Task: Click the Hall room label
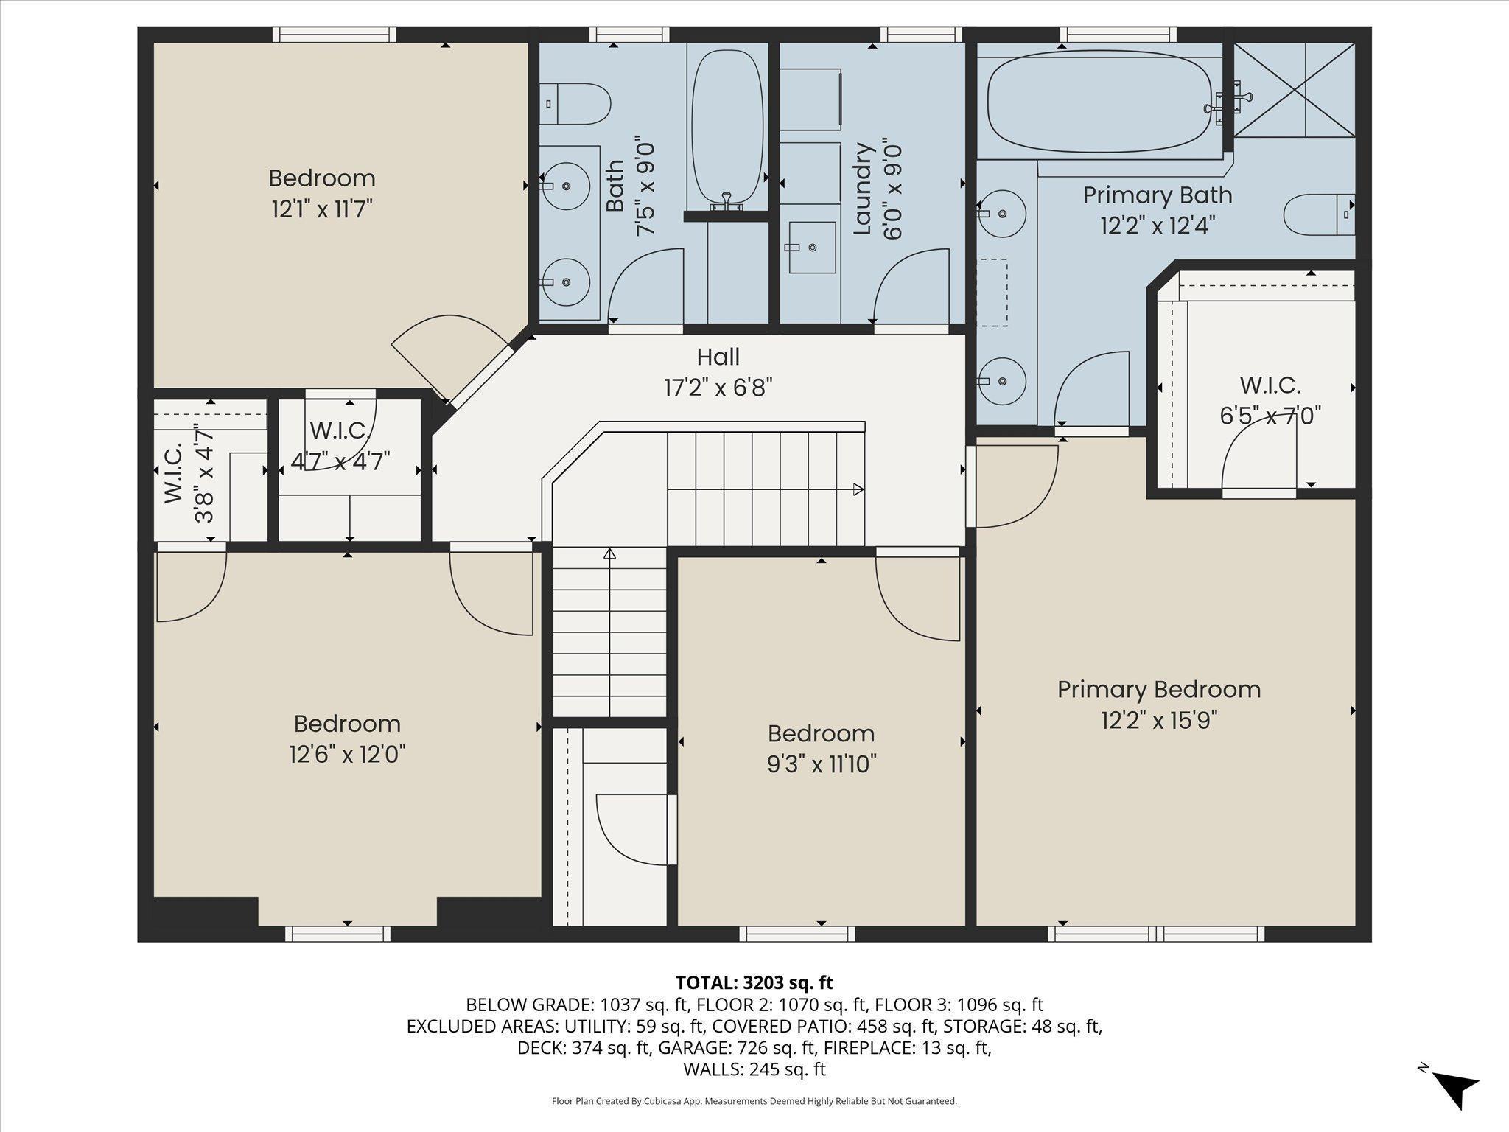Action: point(718,357)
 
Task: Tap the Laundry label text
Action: point(862,189)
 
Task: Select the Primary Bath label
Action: point(1158,195)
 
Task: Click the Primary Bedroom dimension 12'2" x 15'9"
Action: point(1159,720)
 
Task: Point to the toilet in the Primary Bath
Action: point(1319,215)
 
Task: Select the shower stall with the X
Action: point(1294,89)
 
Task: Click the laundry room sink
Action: point(812,248)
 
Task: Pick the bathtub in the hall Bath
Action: point(727,127)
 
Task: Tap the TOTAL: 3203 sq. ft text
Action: point(754,982)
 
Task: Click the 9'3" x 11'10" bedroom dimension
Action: point(822,764)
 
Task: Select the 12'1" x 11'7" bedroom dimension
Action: point(322,209)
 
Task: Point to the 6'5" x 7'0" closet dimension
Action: point(1270,416)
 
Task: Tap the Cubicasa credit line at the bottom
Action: point(754,1101)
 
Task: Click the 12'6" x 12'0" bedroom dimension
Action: point(347,755)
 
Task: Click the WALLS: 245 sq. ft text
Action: point(754,1069)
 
